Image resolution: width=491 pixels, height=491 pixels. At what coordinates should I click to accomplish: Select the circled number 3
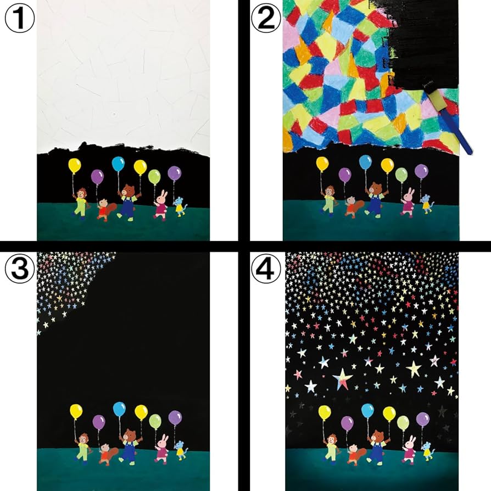[x=19, y=269]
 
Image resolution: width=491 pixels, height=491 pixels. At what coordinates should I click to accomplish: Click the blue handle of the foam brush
[x=460, y=135]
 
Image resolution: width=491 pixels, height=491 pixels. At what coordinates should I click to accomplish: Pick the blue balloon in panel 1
[x=118, y=163]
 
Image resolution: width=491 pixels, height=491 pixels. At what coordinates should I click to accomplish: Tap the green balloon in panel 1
[x=154, y=176]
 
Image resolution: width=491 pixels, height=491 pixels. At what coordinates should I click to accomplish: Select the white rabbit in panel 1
[x=161, y=204]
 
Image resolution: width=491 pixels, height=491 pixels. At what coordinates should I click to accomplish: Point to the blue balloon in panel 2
[x=365, y=162]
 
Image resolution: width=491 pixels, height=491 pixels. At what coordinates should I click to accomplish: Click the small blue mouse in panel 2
[x=426, y=204]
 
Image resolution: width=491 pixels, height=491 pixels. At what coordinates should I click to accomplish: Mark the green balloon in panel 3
[x=155, y=421]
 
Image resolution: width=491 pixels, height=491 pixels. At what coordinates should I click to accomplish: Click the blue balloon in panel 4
[x=367, y=410]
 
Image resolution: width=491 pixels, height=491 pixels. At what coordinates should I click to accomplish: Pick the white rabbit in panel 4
[x=410, y=448]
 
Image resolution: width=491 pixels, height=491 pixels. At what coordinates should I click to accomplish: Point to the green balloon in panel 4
[x=403, y=422]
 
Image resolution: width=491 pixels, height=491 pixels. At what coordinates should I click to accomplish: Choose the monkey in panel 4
[x=331, y=446]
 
